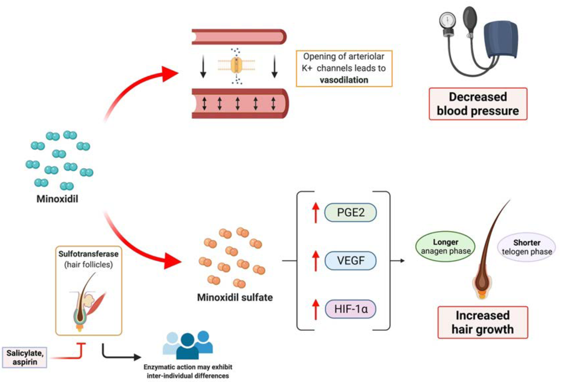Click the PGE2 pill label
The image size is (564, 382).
coord(351,213)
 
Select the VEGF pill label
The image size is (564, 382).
coord(351,261)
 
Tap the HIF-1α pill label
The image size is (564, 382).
coord(351,309)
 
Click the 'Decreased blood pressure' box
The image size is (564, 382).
coord(478,104)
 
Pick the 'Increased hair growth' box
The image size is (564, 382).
coord(483,322)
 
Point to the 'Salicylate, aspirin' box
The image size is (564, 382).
coord(25,357)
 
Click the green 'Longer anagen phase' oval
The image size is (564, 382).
coord(445,247)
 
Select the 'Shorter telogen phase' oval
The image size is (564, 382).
coord(526,247)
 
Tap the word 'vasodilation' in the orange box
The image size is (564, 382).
coord(344,80)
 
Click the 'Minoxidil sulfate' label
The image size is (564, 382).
coord(235,297)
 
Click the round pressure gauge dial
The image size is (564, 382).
coord(447,19)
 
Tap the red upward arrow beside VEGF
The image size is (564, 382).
coord(316,261)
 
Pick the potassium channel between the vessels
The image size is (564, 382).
coord(236,65)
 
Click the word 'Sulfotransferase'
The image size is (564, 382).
coord(88,254)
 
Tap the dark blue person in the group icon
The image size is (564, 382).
coord(187,346)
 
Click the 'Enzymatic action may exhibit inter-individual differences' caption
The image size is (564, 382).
coord(188,371)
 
